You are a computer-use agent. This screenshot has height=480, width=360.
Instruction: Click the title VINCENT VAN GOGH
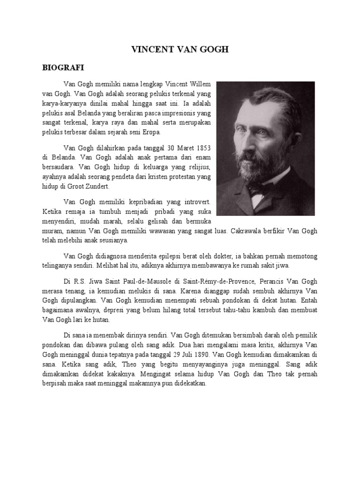tap(179, 49)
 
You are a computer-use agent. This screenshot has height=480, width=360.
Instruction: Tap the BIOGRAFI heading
tap(60, 67)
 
